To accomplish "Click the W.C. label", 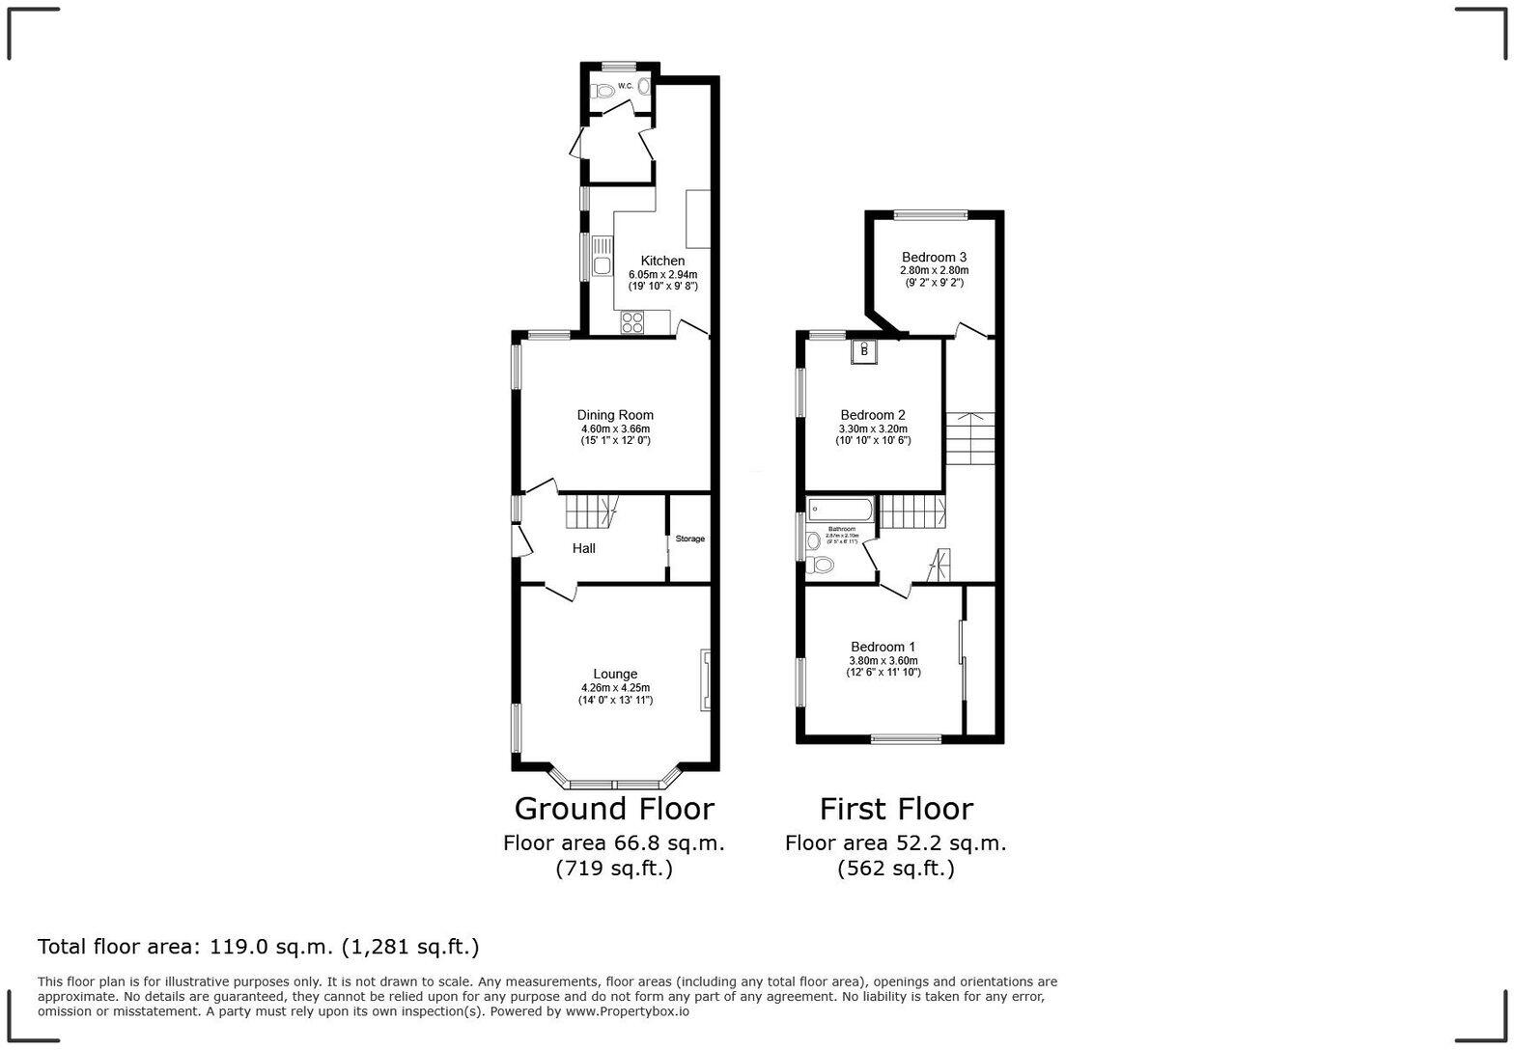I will pos(625,87).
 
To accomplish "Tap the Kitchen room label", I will pos(662,261).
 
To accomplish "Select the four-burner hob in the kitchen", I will pos(632,322).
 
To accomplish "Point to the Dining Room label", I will pos(615,415).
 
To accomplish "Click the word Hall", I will pos(583,548).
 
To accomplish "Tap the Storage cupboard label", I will pos(689,539).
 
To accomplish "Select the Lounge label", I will pos(615,674).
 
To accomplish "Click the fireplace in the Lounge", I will pos(706,680).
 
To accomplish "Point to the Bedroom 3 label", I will pos(934,257).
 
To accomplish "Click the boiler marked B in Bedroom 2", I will pos(864,351).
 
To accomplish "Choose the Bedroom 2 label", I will pos(873,415).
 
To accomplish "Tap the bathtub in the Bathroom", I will pos(841,509).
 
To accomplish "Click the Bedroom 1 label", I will pos(883,647).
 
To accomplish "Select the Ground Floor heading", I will pos(614,808).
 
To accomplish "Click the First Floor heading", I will pos(896,808).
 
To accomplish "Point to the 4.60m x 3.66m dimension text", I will pos(615,428).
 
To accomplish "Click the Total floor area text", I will pos(258,947).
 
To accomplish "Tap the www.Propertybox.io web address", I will pos(627,1011).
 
